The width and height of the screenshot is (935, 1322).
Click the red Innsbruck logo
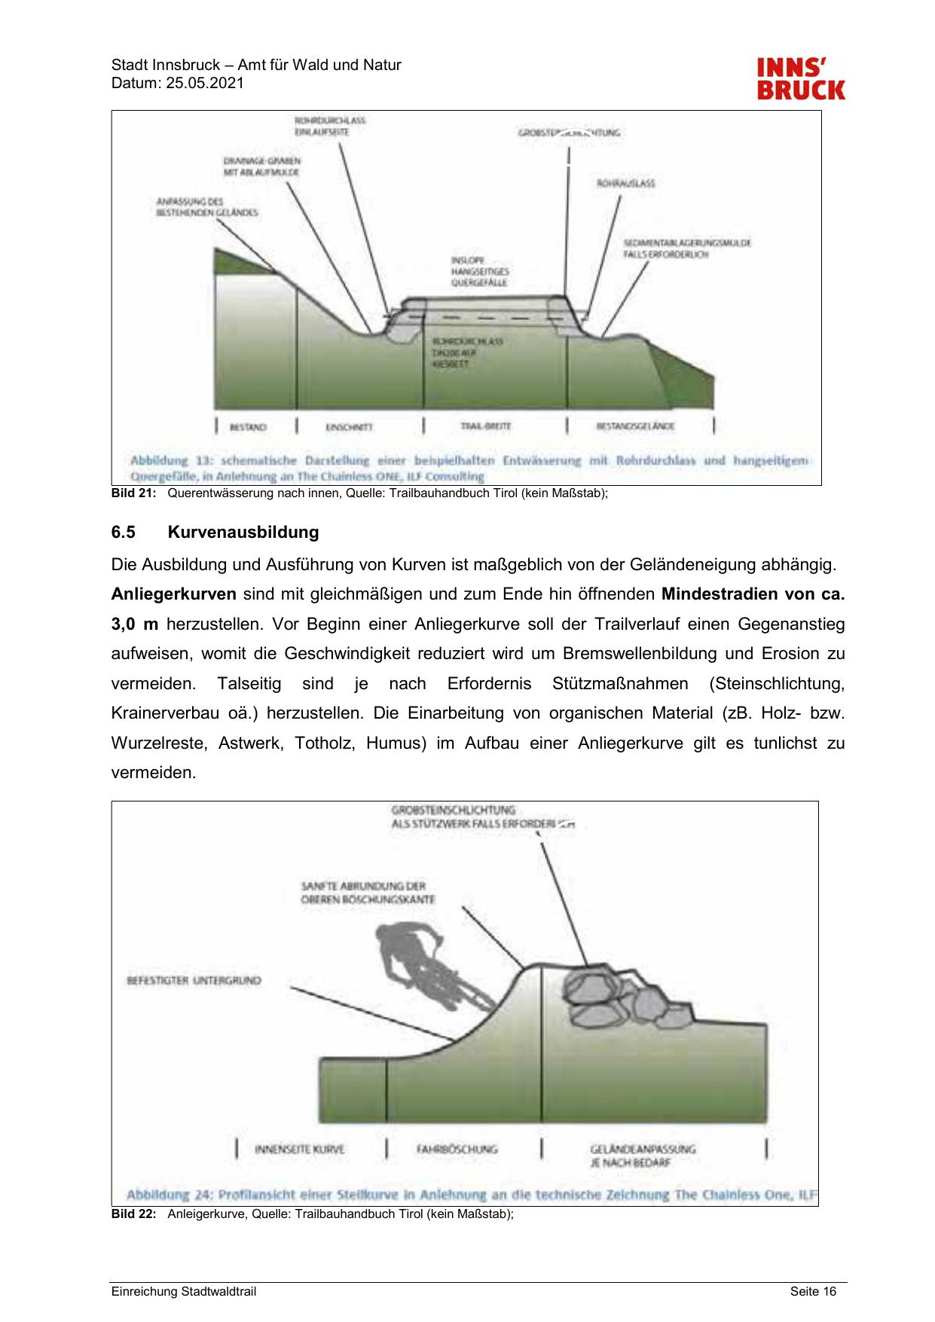click(800, 79)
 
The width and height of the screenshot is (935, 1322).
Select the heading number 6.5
click(123, 533)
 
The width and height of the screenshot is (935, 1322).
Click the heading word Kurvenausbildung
click(243, 533)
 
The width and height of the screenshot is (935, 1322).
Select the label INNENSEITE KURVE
click(299, 1149)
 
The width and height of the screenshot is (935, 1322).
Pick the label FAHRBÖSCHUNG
click(457, 1149)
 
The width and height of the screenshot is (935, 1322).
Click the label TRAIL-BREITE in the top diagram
click(485, 426)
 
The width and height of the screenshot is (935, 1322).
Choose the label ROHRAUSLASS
click(625, 183)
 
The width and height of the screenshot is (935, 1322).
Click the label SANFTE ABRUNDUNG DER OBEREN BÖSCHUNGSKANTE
click(367, 893)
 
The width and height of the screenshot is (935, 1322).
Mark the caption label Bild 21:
click(133, 493)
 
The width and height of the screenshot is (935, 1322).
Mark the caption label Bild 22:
click(133, 1214)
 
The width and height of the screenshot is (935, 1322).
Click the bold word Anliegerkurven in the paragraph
click(174, 594)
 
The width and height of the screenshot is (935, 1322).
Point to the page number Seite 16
click(813, 1292)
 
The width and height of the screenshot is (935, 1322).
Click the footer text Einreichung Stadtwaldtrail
click(184, 1292)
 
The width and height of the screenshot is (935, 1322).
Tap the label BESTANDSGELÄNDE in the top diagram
click(635, 426)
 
